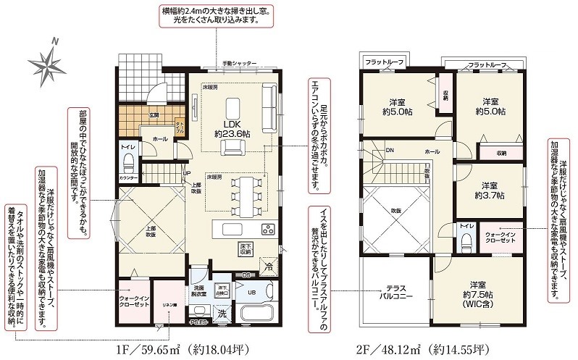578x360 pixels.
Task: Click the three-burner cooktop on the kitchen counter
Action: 267,230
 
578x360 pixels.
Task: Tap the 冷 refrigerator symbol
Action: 269,266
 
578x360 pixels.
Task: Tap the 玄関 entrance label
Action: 154,114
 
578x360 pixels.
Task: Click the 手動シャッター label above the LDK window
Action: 239,64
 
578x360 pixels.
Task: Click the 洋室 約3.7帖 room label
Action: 490,191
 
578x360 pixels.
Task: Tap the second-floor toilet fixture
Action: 466,238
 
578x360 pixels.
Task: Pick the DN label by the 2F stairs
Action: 390,151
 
